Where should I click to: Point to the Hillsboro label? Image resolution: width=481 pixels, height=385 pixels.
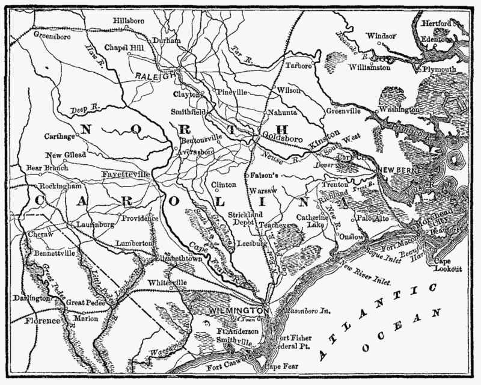coord(129,20)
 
